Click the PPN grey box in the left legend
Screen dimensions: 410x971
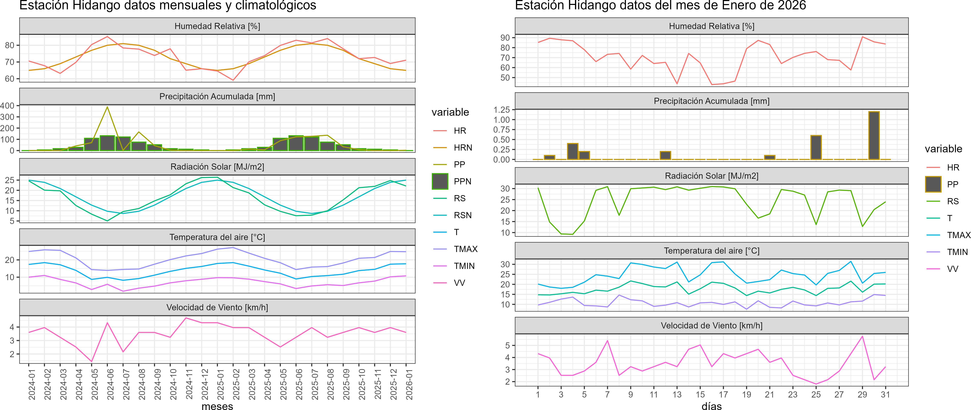point(440,181)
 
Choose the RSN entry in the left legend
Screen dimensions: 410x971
point(462,215)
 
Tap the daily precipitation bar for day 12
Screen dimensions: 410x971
point(665,155)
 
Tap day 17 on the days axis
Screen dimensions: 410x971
point(723,395)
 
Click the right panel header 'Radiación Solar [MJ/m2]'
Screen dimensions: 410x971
point(711,176)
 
